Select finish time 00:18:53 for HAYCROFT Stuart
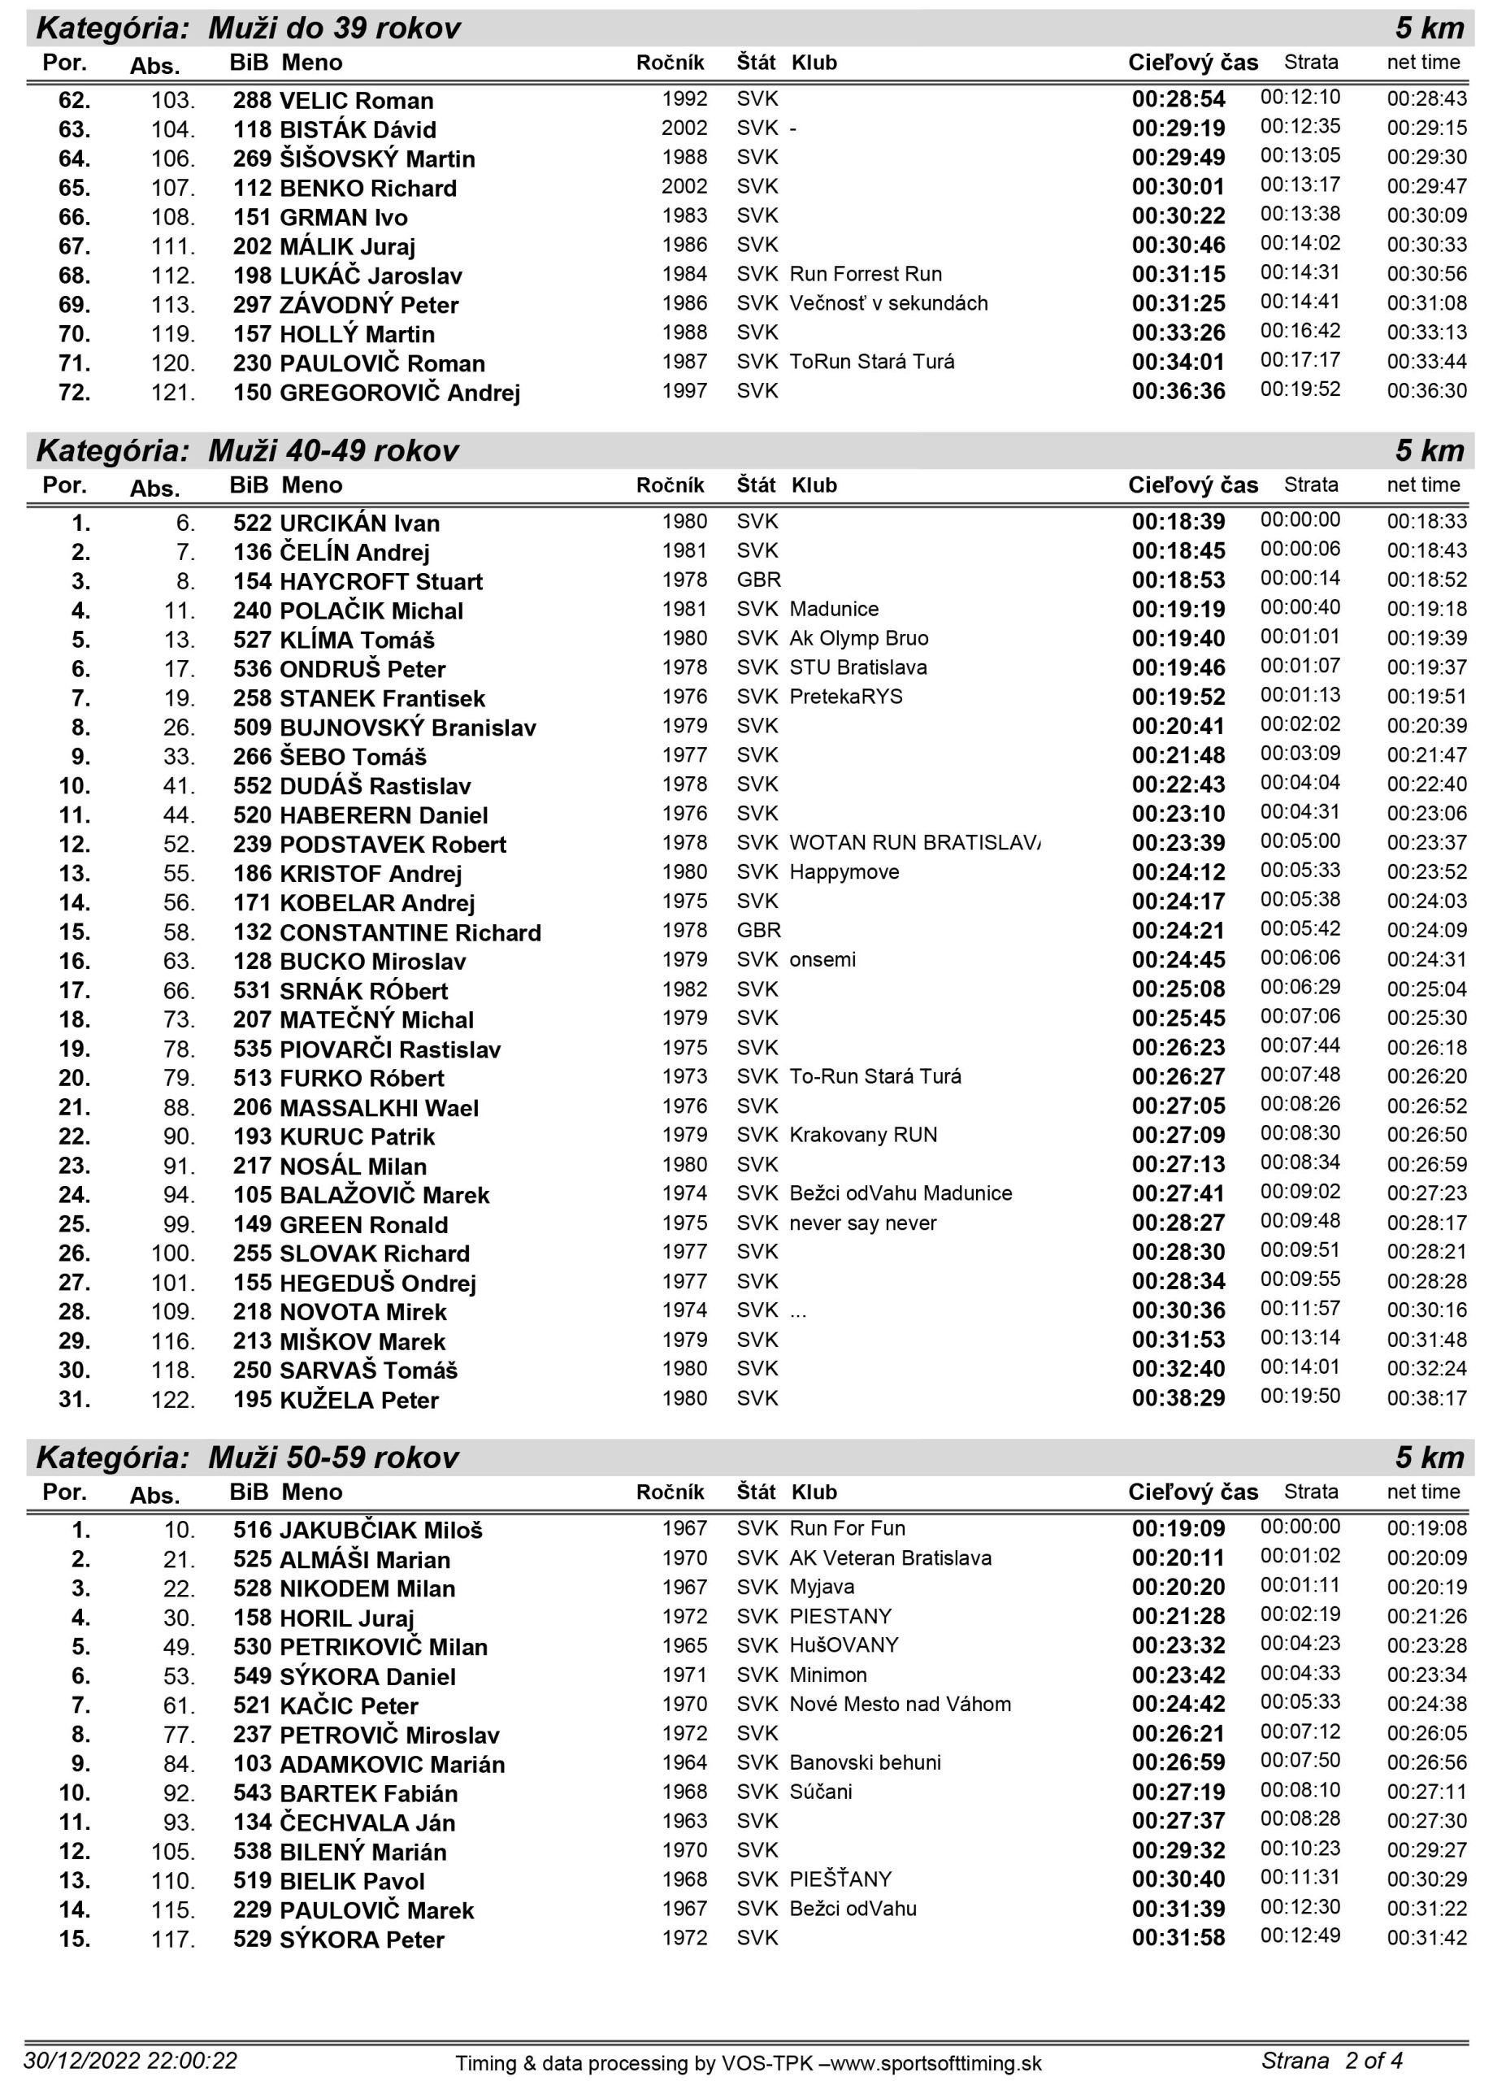click(x=1178, y=580)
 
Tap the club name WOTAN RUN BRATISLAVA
click(x=914, y=842)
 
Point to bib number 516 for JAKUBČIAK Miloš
click(x=252, y=1530)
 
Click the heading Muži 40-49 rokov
click(x=333, y=450)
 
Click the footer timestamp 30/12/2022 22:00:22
click(x=130, y=2061)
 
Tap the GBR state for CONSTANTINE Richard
click(x=758, y=931)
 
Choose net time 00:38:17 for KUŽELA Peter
click(x=1426, y=1398)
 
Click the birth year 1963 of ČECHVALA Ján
click(x=684, y=1820)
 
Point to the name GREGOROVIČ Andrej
click(x=399, y=393)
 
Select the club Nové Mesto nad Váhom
click(x=900, y=1704)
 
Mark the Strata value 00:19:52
click(x=1300, y=389)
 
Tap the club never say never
click(x=863, y=1223)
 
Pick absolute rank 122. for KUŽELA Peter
click(x=173, y=1400)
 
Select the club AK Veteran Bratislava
click(x=891, y=1558)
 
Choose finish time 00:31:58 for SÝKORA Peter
click(x=1178, y=1938)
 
